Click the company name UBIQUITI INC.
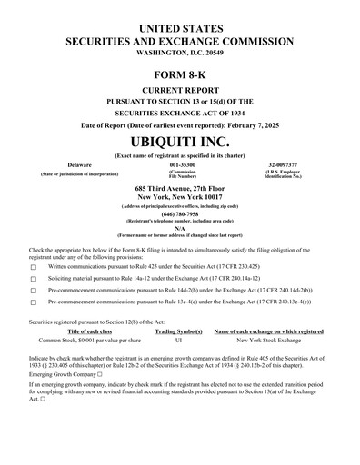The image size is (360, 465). (180, 143)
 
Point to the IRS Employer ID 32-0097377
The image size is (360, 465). (283, 165)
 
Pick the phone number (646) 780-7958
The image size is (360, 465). (180, 214)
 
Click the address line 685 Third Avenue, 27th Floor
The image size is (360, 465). (180, 187)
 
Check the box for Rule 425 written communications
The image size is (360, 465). (34, 268)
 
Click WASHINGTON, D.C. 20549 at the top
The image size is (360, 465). (180, 54)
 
